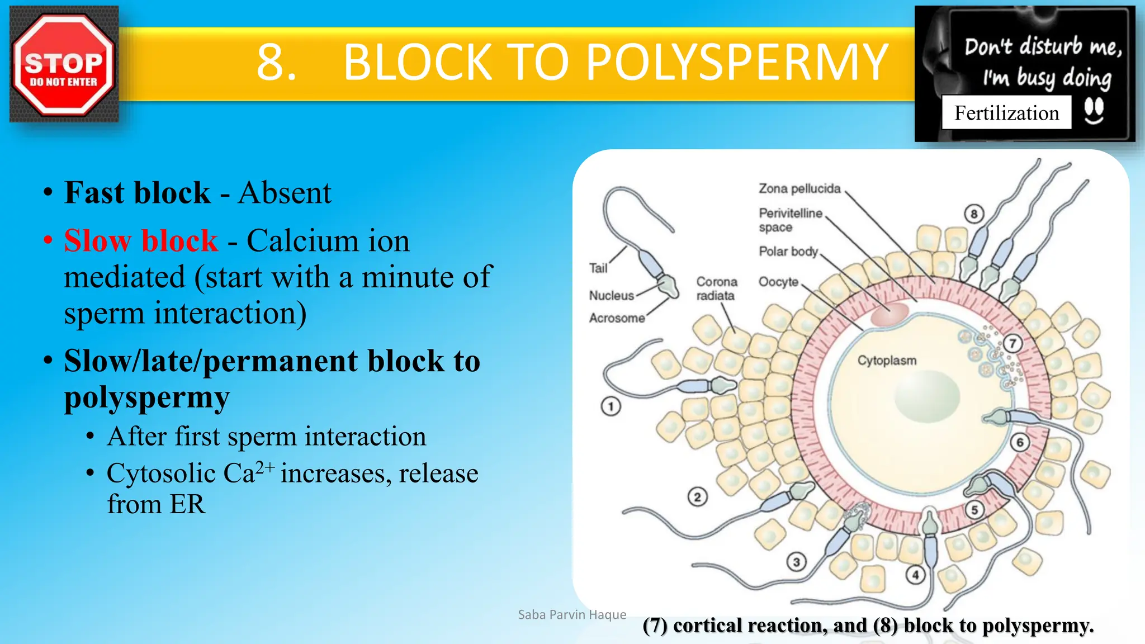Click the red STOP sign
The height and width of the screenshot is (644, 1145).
pos(63,64)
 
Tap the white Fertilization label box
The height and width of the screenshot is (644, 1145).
pos(1006,113)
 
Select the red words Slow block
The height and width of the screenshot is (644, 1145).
pos(140,241)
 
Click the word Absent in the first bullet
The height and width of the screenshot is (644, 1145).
pos(285,193)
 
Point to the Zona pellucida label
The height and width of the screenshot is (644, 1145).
pos(799,189)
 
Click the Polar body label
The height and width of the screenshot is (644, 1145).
pos(788,252)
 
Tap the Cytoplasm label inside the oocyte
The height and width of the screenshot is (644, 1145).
pos(887,361)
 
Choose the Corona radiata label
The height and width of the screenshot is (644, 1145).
pos(716,288)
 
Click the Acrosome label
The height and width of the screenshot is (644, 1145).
pos(617,318)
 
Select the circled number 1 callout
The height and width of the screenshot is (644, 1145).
pos(611,406)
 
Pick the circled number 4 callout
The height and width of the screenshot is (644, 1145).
pos(915,575)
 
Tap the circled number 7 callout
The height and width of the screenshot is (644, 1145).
pos(1012,343)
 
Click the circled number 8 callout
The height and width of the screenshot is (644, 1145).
pos(974,214)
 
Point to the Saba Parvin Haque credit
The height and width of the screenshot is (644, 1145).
pos(572,615)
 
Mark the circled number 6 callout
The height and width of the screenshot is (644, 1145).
pos(1020,443)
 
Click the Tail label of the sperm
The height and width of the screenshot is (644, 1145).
pos(598,268)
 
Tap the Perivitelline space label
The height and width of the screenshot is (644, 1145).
pos(790,220)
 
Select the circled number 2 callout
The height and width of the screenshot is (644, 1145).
pos(697,496)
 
